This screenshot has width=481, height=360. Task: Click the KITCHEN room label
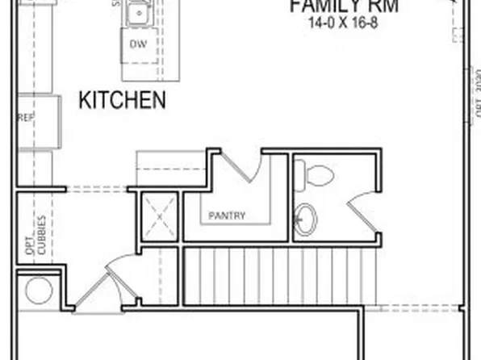(122, 101)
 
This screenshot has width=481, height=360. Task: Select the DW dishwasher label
(138, 44)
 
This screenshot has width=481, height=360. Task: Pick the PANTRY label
(227, 216)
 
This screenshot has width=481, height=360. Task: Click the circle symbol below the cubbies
(38, 291)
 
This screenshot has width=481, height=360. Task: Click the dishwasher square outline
(138, 45)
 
